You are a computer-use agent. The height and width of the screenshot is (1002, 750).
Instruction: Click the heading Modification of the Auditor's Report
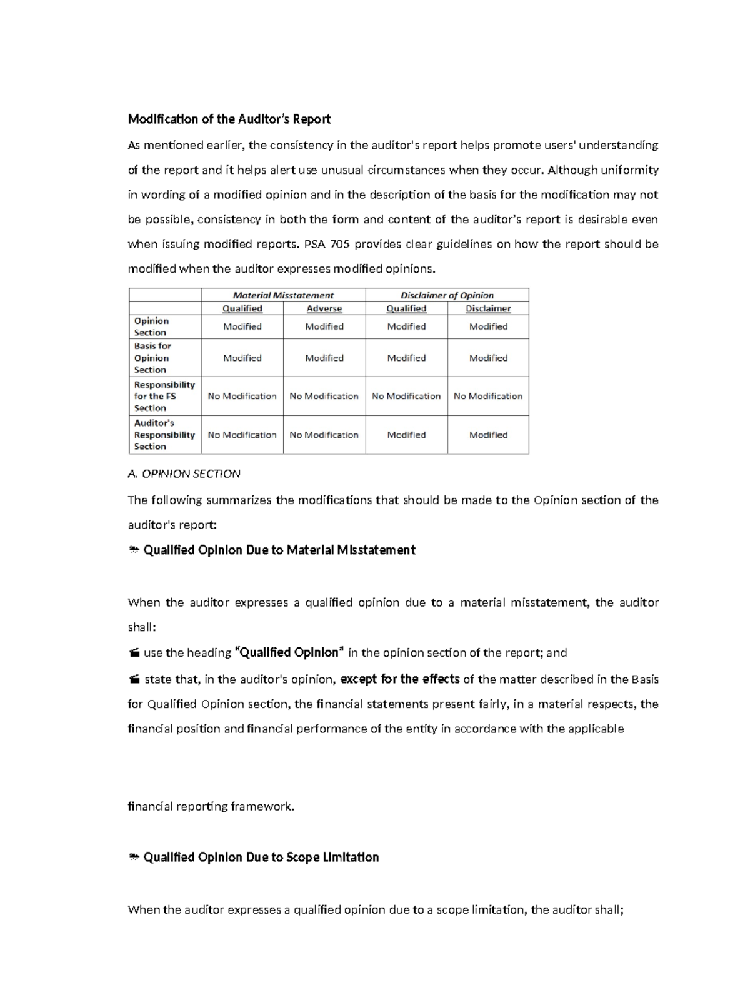pos(229,119)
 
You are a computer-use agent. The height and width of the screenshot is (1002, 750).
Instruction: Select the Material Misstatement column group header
pos(283,295)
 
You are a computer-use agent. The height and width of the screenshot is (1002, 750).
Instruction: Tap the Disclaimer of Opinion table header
pos(447,295)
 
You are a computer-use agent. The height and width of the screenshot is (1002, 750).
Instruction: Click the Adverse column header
pos(324,308)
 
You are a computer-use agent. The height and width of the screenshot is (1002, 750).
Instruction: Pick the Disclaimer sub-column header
pos(488,308)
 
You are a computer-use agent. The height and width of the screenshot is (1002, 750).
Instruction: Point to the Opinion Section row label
pos(151,326)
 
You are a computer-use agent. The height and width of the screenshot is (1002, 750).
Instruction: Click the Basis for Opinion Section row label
pos(152,358)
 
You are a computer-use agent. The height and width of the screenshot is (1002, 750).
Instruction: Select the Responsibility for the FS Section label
pos(164,396)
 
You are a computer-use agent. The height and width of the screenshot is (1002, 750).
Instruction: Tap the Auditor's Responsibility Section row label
pos(164,435)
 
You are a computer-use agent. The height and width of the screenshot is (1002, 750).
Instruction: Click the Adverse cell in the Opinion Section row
pos(324,326)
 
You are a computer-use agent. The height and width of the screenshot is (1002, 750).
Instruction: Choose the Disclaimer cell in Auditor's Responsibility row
pos(488,435)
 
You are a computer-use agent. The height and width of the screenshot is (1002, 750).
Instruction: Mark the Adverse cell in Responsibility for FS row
pos(324,396)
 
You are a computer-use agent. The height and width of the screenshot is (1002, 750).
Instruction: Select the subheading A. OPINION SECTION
pos(184,473)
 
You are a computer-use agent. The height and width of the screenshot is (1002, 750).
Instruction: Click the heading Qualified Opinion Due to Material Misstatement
pos(279,550)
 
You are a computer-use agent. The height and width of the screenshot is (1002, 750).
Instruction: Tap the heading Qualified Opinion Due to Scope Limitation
pos(261,857)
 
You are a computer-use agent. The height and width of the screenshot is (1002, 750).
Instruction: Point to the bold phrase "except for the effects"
pos(400,679)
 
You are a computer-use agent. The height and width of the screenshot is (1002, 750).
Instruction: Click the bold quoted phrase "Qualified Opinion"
pos(289,652)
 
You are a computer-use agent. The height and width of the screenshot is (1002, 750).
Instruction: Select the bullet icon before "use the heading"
pos(133,653)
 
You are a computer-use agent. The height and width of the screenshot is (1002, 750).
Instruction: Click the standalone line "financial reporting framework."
pos(211,806)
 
